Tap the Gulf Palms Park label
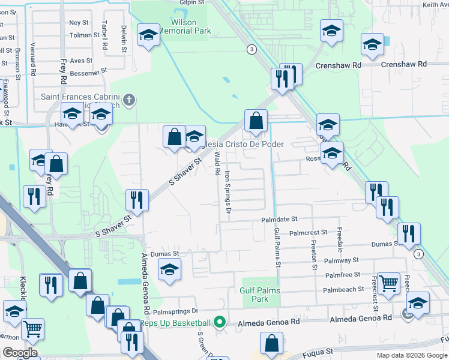(x=260, y=295)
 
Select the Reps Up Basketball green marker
(x=220, y=323)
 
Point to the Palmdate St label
(x=279, y=220)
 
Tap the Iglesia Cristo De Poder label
(x=244, y=145)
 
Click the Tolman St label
(x=80, y=35)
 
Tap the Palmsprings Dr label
(x=175, y=311)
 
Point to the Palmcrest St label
(x=308, y=232)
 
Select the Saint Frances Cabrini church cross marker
(x=129, y=98)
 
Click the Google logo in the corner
(x=20, y=353)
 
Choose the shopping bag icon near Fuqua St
(x=272, y=344)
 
